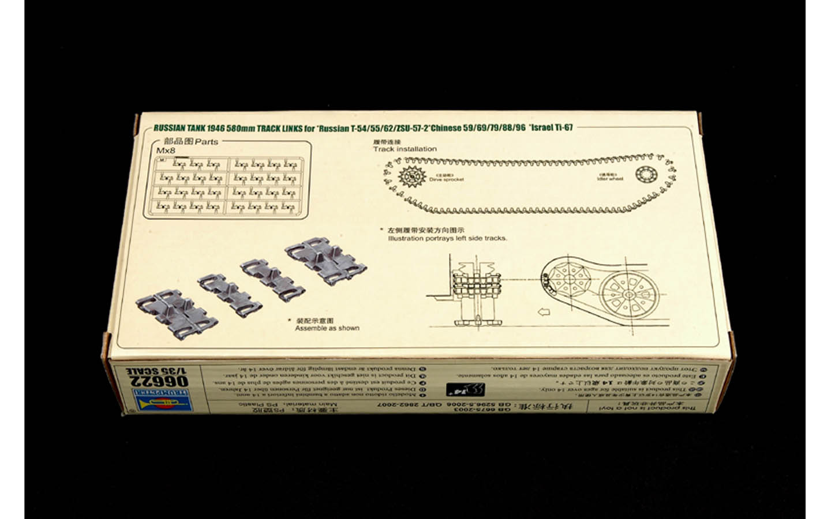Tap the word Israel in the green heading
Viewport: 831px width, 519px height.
point(543,128)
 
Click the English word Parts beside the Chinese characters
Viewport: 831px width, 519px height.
point(207,142)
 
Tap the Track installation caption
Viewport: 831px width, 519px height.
point(405,149)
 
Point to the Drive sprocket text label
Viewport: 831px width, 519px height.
point(446,179)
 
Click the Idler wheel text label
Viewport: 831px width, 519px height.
point(610,179)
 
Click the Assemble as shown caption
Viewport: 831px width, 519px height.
point(327,328)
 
